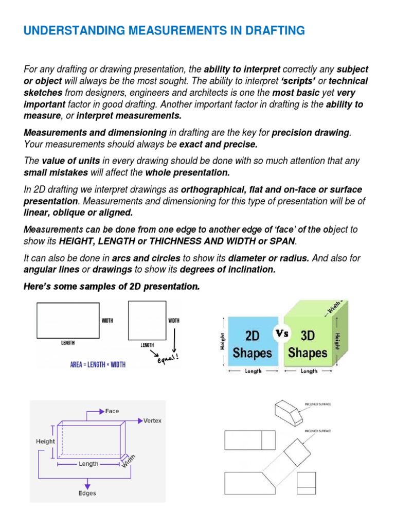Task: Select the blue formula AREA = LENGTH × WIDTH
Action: click(98, 365)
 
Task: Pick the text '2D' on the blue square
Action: click(252, 336)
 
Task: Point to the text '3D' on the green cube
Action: click(308, 336)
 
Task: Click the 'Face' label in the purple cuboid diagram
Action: click(112, 411)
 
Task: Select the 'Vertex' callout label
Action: click(152, 420)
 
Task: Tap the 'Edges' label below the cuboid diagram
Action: click(87, 493)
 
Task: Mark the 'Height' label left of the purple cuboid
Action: click(45, 441)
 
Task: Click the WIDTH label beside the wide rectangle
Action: click(107, 320)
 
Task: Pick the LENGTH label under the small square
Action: click(148, 345)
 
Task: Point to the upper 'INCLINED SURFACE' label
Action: click(317, 405)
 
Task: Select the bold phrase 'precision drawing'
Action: click(310, 133)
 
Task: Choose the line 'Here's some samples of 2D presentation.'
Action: click(111, 287)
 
